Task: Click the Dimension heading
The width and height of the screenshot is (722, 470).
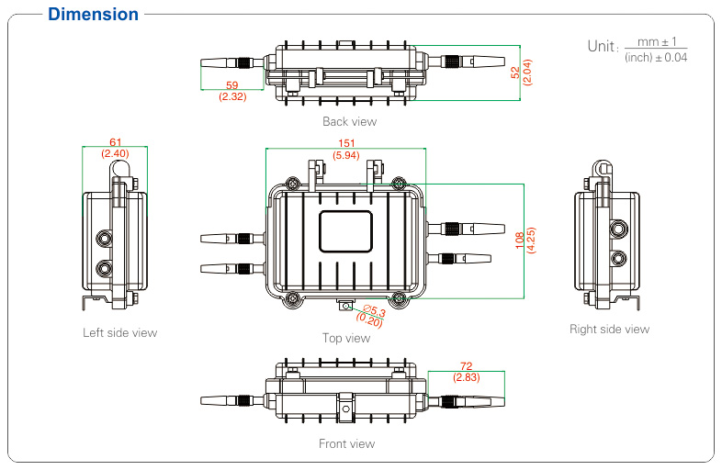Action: coord(93,15)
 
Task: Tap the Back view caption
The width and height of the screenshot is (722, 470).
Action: coord(349,121)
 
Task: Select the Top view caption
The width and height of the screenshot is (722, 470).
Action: coord(346,338)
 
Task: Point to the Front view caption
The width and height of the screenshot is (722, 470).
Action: coord(346,443)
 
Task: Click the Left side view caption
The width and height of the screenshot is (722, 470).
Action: coord(119,332)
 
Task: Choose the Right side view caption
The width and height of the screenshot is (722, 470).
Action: coord(609,329)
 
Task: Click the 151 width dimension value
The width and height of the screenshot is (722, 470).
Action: coord(347,143)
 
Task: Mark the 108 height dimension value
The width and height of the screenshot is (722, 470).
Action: coord(520,241)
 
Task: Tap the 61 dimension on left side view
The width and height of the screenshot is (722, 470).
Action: coord(115,142)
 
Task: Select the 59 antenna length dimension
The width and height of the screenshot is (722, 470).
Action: coord(231,85)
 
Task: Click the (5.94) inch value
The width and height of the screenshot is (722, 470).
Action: coord(347,155)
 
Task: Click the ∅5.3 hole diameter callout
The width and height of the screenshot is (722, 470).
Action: coord(374,313)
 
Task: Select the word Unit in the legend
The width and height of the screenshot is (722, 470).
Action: coord(602,46)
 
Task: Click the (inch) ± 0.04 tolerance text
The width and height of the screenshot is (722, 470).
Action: coord(655,58)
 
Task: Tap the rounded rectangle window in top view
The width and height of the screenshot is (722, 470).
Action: coord(346,230)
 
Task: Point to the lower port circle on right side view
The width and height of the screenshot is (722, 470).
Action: coord(619,259)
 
